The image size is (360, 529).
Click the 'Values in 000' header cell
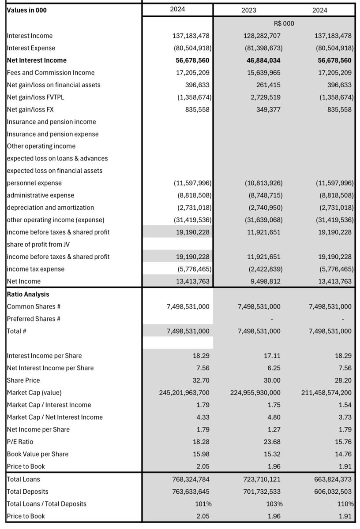[27, 10]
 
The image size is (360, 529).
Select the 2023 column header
[248, 10]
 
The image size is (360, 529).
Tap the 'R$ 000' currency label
[284, 23]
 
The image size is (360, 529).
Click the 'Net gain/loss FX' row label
[30, 109]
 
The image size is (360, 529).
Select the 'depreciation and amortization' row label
[50, 207]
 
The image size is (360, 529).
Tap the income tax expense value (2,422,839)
[263, 269]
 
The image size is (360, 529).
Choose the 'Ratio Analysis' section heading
[28, 294]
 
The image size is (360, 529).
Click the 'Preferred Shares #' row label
[34, 319]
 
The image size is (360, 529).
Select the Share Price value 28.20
[343, 380]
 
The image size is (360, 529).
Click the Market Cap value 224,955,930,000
[255, 392]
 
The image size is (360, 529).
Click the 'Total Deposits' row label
[28, 492]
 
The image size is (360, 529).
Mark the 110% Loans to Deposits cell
[345, 504]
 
